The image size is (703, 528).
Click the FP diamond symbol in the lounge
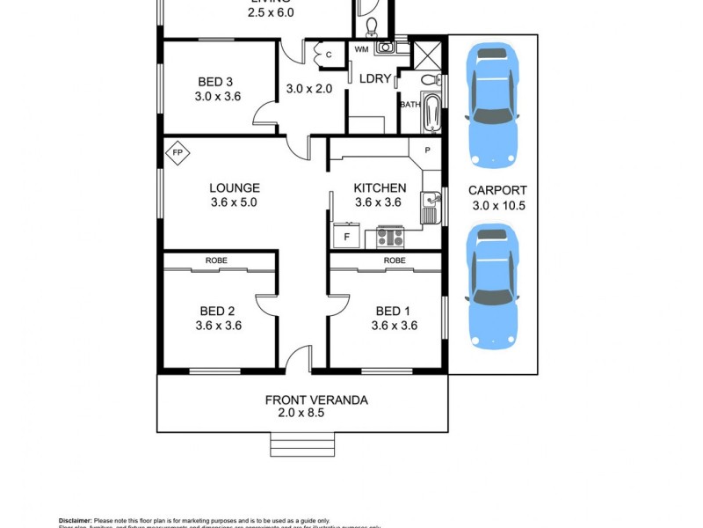(178, 153)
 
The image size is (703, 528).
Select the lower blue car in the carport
(494, 285)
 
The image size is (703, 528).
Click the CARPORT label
(497, 189)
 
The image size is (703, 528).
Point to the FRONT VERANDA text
(316, 400)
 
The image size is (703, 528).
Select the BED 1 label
(393, 311)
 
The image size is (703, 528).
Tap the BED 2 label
(217, 311)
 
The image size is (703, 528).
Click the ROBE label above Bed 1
(394, 260)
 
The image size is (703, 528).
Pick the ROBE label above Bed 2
(216, 260)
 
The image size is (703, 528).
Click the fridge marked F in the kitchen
(346, 237)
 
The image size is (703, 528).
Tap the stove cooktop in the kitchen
(390, 236)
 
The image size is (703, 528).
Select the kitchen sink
(431, 208)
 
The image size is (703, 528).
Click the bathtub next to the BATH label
(431, 113)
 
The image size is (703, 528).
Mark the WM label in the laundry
(361, 49)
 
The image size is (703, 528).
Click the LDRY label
(374, 79)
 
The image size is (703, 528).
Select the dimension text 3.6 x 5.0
(234, 202)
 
